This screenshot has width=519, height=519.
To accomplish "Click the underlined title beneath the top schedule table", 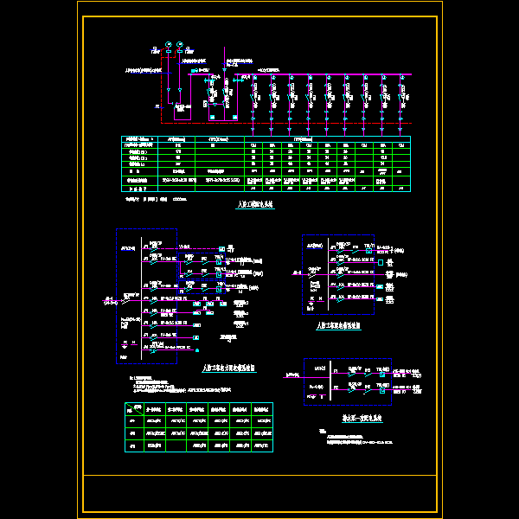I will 254,206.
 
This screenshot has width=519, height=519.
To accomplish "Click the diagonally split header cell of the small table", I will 131,407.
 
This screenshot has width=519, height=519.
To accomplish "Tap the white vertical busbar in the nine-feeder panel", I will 139,298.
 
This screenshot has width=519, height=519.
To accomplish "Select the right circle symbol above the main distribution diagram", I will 179,44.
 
